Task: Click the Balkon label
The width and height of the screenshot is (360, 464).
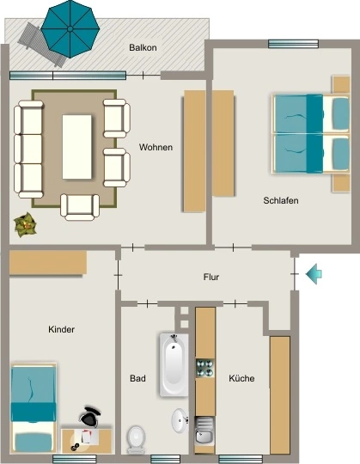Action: coord(143,47)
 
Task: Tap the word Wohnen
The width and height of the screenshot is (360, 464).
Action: coord(156,147)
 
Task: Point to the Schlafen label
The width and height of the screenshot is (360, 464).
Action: coord(281,200)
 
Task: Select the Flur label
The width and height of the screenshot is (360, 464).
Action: coord(211,277)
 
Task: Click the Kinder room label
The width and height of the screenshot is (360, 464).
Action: coord(61,329)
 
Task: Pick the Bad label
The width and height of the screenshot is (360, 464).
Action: coord(137,378)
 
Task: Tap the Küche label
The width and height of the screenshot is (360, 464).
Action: coord(241,378)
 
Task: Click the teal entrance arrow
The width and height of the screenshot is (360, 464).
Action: coord(314,274)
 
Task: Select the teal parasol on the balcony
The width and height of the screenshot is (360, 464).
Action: coord(70,28)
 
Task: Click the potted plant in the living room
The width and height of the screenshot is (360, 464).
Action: coord(26,225)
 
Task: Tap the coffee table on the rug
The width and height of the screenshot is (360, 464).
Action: coord(77,147)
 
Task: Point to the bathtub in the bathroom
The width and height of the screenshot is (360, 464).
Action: coord(174,365)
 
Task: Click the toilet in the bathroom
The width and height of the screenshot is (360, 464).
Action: coord(136,439)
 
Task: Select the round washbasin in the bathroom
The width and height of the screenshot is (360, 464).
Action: coord(180,420)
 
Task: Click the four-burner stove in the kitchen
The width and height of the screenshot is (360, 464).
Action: coord(205,368)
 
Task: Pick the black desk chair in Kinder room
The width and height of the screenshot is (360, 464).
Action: coord(89,417)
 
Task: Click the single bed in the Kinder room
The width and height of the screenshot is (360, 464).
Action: coord(34,409)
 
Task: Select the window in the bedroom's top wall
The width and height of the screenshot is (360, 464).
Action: coord(293,44)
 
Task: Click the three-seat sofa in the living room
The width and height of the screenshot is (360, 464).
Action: coord(28,150)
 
